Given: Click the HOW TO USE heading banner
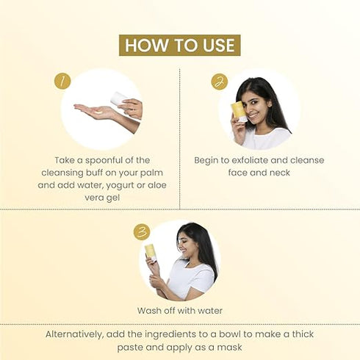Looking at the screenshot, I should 179,45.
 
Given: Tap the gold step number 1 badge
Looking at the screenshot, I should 62,81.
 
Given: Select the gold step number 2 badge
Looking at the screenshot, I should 219,81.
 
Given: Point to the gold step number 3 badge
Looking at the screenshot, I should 142,232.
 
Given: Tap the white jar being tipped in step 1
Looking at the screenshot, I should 118,98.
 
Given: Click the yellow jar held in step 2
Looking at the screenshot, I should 238,110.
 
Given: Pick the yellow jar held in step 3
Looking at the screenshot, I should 150,251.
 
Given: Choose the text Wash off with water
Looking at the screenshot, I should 179,310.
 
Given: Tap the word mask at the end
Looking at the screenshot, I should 231,347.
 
